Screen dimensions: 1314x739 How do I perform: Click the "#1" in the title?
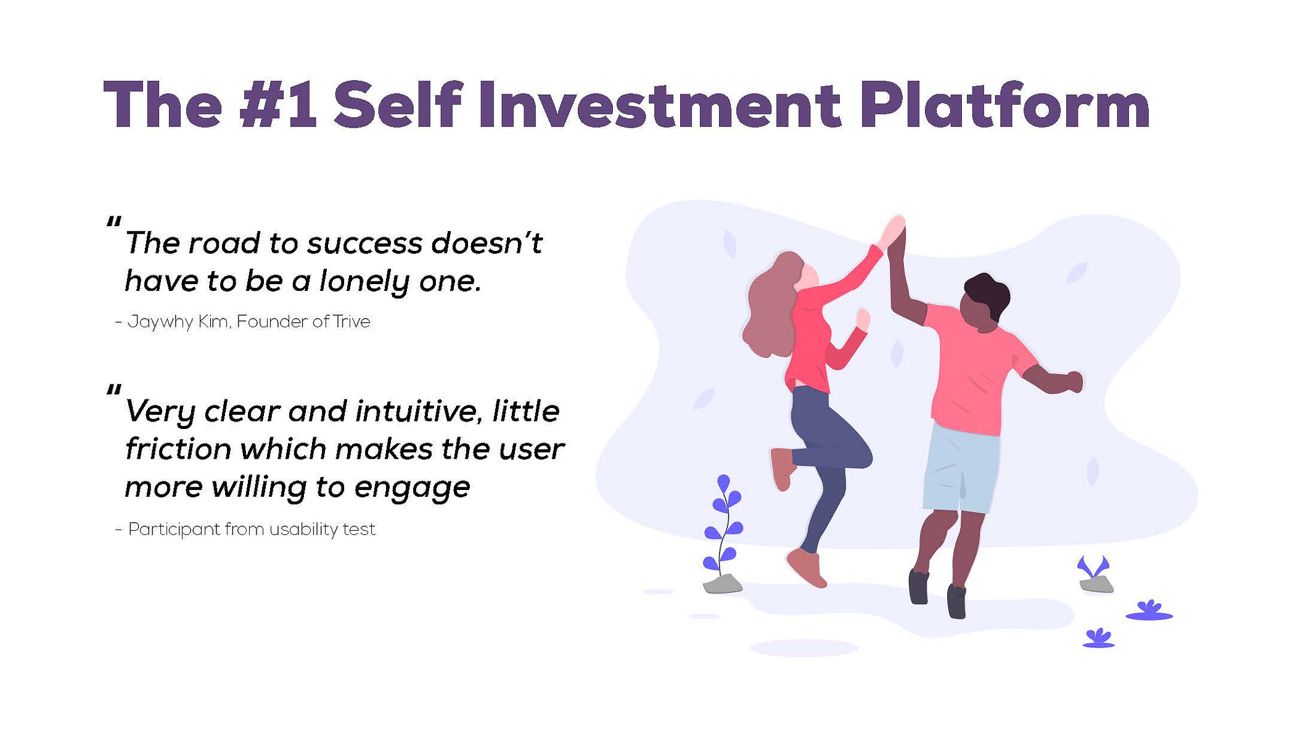tap(277, 104)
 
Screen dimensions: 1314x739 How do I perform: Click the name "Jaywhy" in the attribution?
tap(160, 322)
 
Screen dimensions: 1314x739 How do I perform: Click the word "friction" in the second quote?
tap(178, 449)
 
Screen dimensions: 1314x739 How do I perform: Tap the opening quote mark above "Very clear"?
tap(113, 390)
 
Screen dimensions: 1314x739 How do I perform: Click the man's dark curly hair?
tap(988, 293)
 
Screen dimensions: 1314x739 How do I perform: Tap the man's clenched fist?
tap(1074, 382)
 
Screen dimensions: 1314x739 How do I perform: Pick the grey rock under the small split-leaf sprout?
tap(1096, 584)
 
